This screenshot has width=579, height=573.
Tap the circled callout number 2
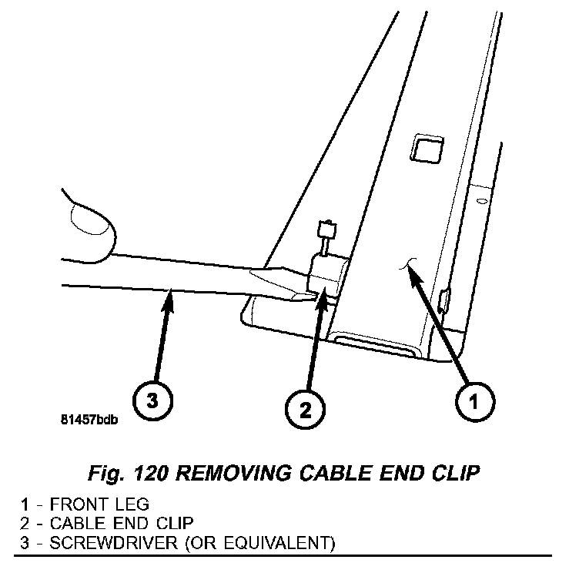click(x=306, y=409)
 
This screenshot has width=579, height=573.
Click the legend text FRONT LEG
click(x=95, y=505)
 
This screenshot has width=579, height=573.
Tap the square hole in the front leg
click(x=425, y=146)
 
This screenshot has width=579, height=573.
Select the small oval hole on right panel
click(x=482, y=202)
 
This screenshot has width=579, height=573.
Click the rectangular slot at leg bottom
click(x=377, y=343)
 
